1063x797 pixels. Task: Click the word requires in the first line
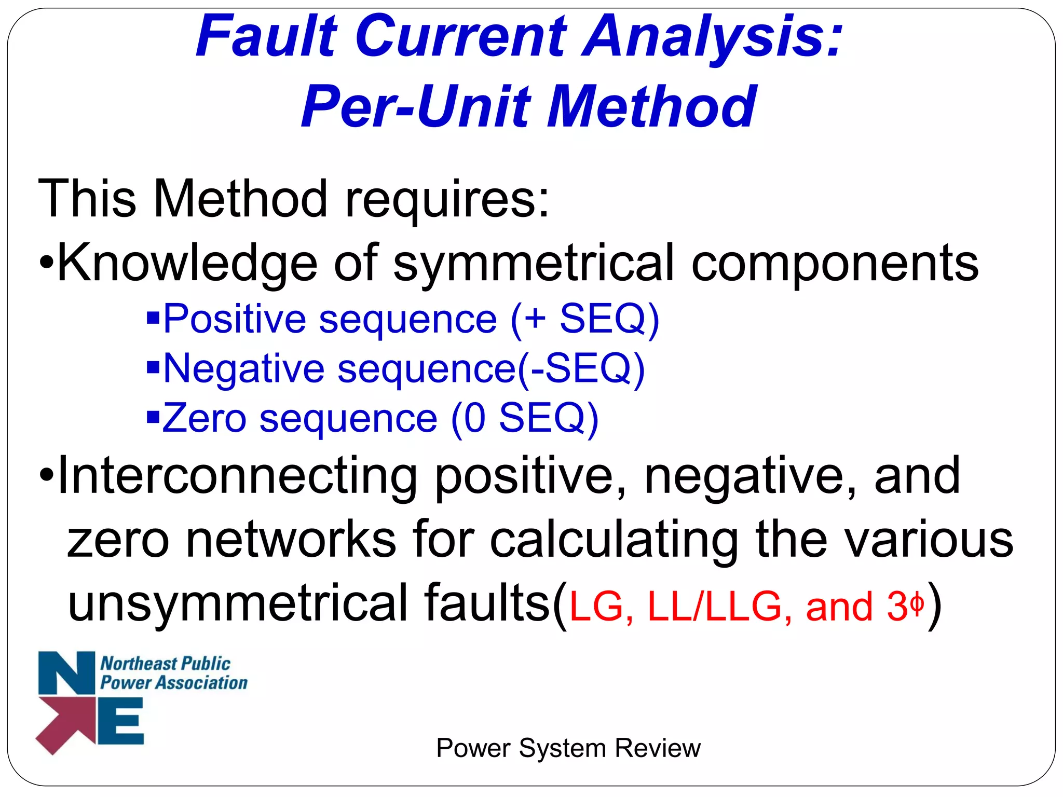446,199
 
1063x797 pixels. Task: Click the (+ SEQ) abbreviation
584,320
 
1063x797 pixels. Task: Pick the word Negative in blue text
244,368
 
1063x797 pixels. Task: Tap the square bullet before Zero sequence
153,416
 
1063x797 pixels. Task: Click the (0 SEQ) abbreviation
524,418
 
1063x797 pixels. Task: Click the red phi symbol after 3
917,605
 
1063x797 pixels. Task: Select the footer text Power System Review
568,748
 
